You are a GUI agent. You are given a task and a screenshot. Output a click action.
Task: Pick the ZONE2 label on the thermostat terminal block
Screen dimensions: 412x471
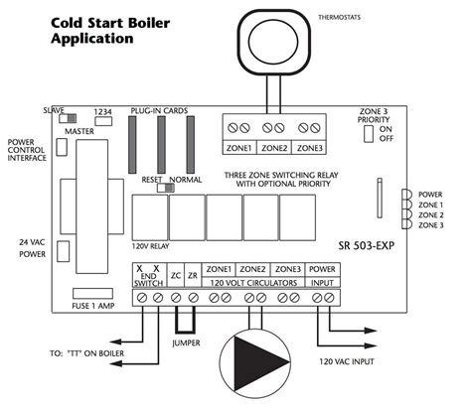tap(274, 149)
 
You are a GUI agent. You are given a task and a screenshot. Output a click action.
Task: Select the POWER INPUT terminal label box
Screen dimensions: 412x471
tap(322, 274)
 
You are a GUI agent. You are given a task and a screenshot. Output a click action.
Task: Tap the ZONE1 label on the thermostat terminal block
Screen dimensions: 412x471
tap(239, 149)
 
